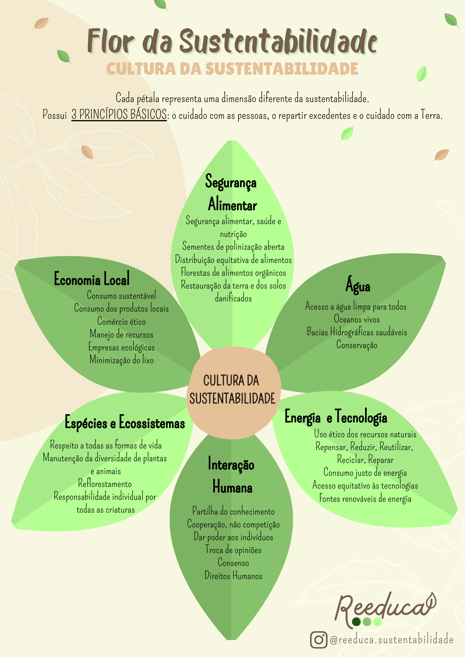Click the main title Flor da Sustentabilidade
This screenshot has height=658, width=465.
232,41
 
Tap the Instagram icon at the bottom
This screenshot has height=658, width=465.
318,640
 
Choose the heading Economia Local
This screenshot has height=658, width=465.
92,279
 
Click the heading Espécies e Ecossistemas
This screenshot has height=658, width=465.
125,423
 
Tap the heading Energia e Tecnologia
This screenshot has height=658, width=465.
336,417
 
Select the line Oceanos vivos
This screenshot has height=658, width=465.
357,319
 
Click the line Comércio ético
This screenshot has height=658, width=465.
121,321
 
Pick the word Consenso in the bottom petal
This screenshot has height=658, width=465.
233,563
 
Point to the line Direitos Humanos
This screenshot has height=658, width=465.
233,576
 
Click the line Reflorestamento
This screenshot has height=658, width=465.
105,484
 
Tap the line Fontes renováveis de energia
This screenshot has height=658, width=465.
365,499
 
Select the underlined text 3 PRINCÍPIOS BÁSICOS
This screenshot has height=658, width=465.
119,114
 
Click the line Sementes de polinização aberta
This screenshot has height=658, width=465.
233,246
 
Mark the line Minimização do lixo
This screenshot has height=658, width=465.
121,360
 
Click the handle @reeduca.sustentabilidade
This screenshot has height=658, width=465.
391,640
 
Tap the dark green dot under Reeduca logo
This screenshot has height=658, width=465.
356,622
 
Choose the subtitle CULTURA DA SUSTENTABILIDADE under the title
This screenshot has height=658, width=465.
232,69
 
